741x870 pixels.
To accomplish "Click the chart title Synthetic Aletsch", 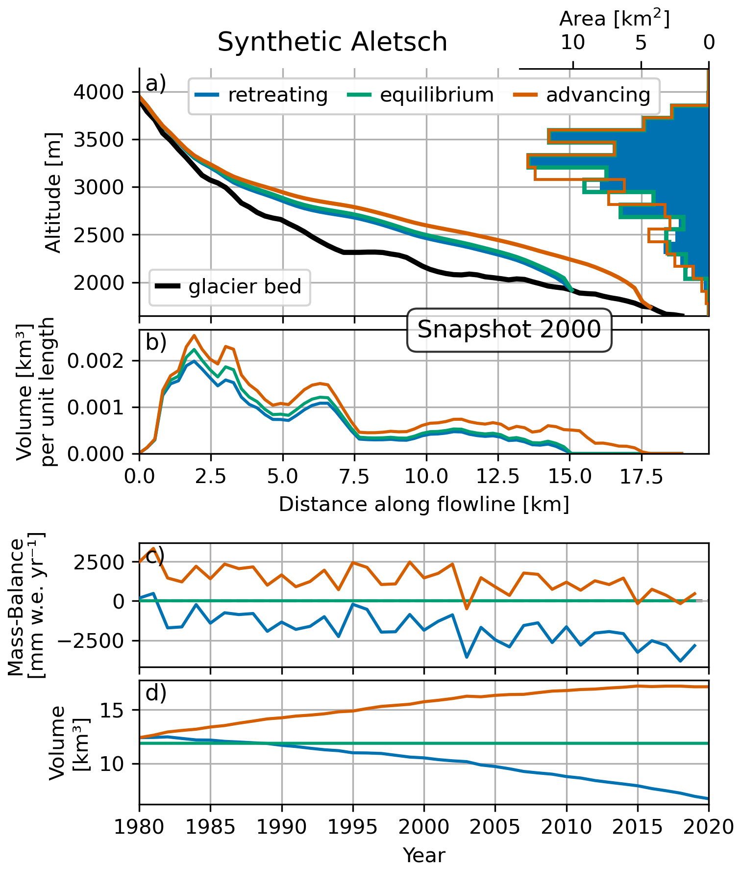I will click(x=332, y=42).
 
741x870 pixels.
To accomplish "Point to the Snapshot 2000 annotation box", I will click(x=509, y=330).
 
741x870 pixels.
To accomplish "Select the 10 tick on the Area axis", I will click(x=572, y=43).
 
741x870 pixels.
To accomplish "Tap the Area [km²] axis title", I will click(x=614, y=19).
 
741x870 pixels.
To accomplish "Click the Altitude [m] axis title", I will click(x=53, y=192).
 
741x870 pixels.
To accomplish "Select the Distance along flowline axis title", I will click(x=424, y=505).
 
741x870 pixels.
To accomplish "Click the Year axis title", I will click(x=424, y=855).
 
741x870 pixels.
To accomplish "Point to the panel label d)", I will click(x=156, y=693).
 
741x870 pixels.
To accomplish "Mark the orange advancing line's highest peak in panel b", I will click(x=194, y=335).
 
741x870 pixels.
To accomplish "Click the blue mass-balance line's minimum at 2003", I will click(x=467, y=657).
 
